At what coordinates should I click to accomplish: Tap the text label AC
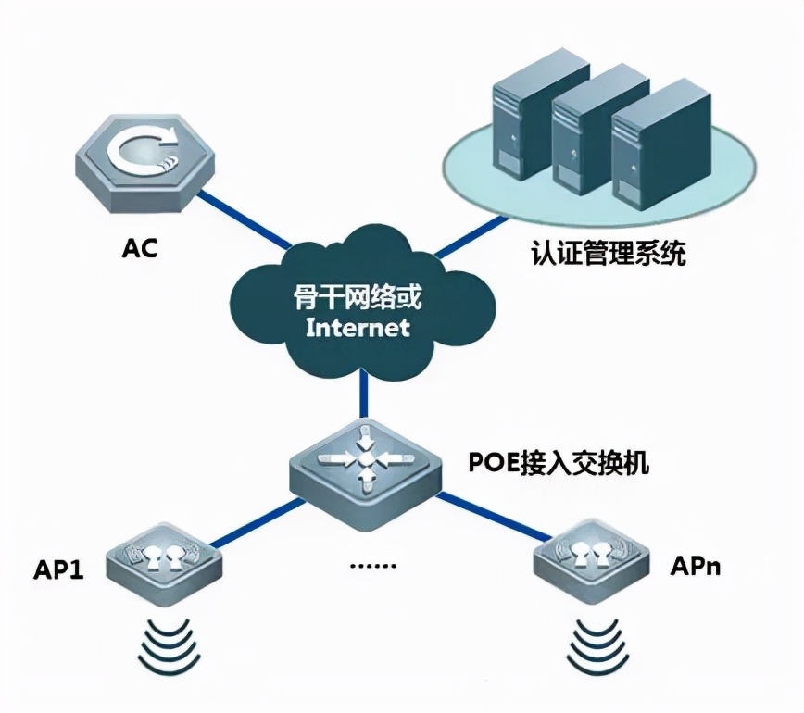(x=139, y=248)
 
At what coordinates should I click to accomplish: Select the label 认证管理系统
(x=609, y=253)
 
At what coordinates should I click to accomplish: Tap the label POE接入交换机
(x=556, y=461)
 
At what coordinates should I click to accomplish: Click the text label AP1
(x=57, y=568)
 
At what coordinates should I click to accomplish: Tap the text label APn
(x=694, y=562)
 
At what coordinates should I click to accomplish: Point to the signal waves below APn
(x=590, y=638)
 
